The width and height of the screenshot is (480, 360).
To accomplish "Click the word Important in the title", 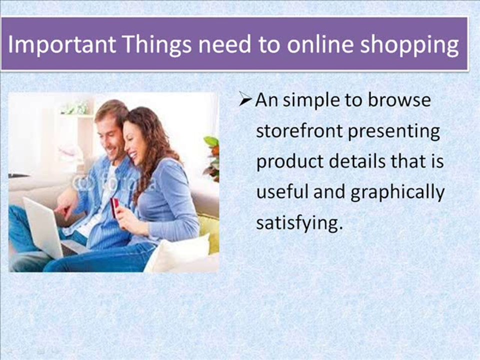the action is tap(61, 44).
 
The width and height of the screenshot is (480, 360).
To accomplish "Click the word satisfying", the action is tap(299, 223).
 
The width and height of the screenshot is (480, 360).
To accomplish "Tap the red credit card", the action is tap(114, 206).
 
